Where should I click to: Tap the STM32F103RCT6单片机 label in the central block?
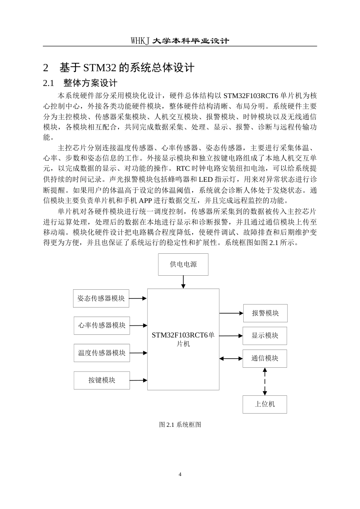tap(183, 339)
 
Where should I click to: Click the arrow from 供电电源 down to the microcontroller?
tap(183, 282)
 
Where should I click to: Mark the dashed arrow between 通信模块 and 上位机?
tap(265, 381)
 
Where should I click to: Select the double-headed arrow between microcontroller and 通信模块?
tap(231, 359)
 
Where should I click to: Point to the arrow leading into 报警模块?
tap(231, 313)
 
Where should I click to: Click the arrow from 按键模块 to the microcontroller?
tap(138, 380)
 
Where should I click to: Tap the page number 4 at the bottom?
tap(180, 474)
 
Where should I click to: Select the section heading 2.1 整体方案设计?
tap(80, 83)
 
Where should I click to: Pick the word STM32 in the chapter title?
tap(100, 68)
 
